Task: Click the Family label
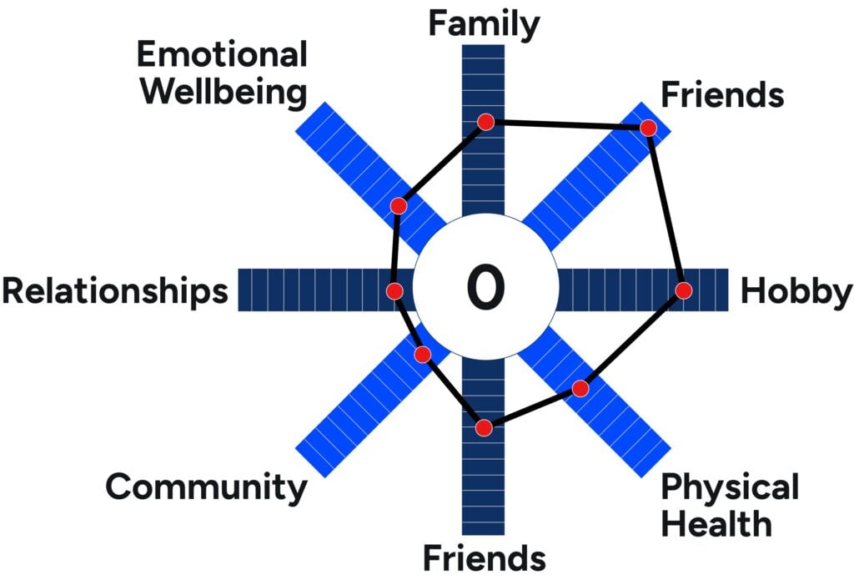coord(485,25)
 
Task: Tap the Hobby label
coord(796,291)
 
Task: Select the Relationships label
coord(115,291)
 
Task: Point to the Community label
coord(207,487)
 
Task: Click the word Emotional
coord(222,55)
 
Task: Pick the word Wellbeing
coord(224,93)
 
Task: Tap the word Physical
coord(730,487)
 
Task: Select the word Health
coord(716,523)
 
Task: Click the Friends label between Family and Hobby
coord(722,95)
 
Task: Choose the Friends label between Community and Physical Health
coord(485,557)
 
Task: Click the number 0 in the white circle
coord(485,287)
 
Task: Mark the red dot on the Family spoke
coord(486,122)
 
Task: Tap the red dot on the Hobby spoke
coord(684,290)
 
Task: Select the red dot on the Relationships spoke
coord(394,290)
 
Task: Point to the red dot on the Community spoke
coord(423,355)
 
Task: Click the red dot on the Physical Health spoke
coord(580,389)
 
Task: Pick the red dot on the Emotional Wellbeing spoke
coord(399,206)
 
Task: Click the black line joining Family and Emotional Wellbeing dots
coord(442,164)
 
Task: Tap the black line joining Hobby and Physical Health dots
coord(632,340)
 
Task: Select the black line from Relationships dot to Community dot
coord(409,323)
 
